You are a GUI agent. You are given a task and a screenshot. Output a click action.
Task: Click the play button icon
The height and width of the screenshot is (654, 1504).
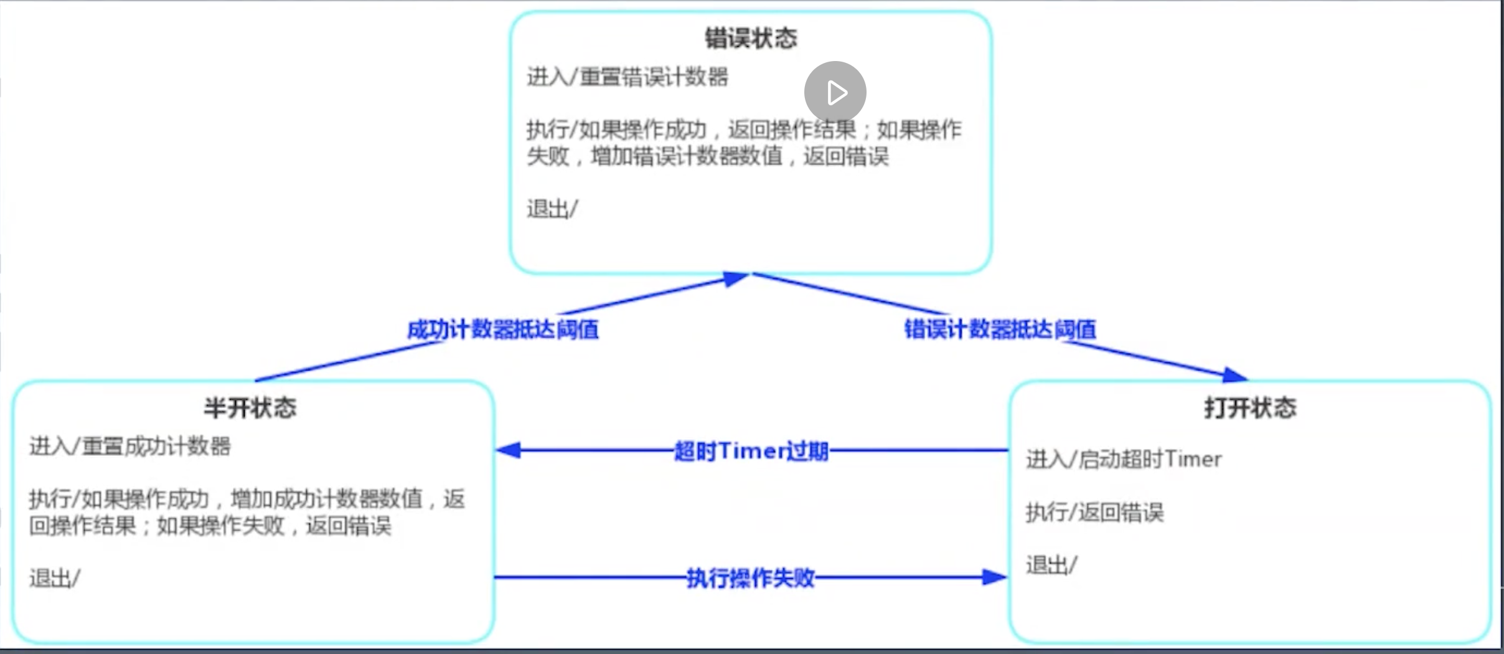point(835,92)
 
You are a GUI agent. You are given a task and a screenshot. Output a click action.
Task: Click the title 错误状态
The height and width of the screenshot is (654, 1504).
point(751,39)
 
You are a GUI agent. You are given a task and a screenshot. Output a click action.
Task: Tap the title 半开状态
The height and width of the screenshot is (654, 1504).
point(250,408)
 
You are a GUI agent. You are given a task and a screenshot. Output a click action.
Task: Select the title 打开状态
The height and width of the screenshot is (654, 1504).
point(1250,408)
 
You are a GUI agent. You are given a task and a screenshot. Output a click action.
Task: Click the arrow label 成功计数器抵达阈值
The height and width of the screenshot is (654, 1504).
point(503,329)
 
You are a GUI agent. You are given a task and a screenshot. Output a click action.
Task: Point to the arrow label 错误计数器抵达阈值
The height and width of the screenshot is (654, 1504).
point(1000,329)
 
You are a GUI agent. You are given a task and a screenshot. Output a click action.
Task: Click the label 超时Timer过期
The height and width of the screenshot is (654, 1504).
point(751,451)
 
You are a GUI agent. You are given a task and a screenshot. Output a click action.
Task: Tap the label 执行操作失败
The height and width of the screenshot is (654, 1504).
point(751,578)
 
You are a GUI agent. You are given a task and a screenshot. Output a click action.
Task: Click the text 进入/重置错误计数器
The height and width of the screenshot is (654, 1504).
point(627,77)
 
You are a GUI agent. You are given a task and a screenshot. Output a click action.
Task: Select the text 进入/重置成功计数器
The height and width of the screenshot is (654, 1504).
point(129,447)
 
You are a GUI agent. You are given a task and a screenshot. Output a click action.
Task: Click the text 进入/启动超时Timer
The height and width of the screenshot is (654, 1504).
point(1124,460)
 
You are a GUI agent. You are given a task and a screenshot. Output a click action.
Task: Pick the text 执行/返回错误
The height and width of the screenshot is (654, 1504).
point(1094,513)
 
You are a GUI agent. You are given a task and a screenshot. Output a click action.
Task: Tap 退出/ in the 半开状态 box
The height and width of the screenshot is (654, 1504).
point(54,579)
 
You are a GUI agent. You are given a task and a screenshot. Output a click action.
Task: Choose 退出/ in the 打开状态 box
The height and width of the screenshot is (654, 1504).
point(1051,566)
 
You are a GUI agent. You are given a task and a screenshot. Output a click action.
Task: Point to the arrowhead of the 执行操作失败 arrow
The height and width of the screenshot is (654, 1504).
point(994,577)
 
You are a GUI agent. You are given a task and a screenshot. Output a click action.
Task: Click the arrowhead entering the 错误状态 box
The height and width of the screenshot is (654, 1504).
point(735,278)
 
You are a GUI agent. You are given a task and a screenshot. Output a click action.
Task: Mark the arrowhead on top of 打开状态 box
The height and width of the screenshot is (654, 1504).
point(1235,375)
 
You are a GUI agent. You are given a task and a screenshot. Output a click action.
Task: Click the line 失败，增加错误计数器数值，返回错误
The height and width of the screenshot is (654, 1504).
point(707,156)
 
